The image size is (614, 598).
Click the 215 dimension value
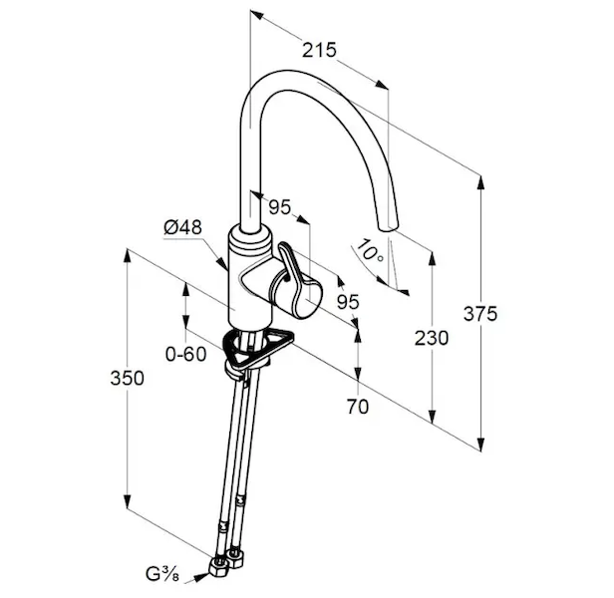click(x=319, y=48)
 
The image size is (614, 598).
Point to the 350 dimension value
click(x=128, y=378)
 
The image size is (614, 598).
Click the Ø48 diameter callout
click(x=183, y=227)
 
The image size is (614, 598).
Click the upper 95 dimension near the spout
click(x=280, y=208)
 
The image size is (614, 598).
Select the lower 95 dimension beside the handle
click(x=347, y=300)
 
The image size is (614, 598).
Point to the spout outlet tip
click(x=389, y=228)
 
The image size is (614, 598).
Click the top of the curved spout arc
click(x=299, y=76)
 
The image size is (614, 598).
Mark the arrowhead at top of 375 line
click(x=481, y=179)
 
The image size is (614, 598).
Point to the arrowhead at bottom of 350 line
click(x=128, y=502)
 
